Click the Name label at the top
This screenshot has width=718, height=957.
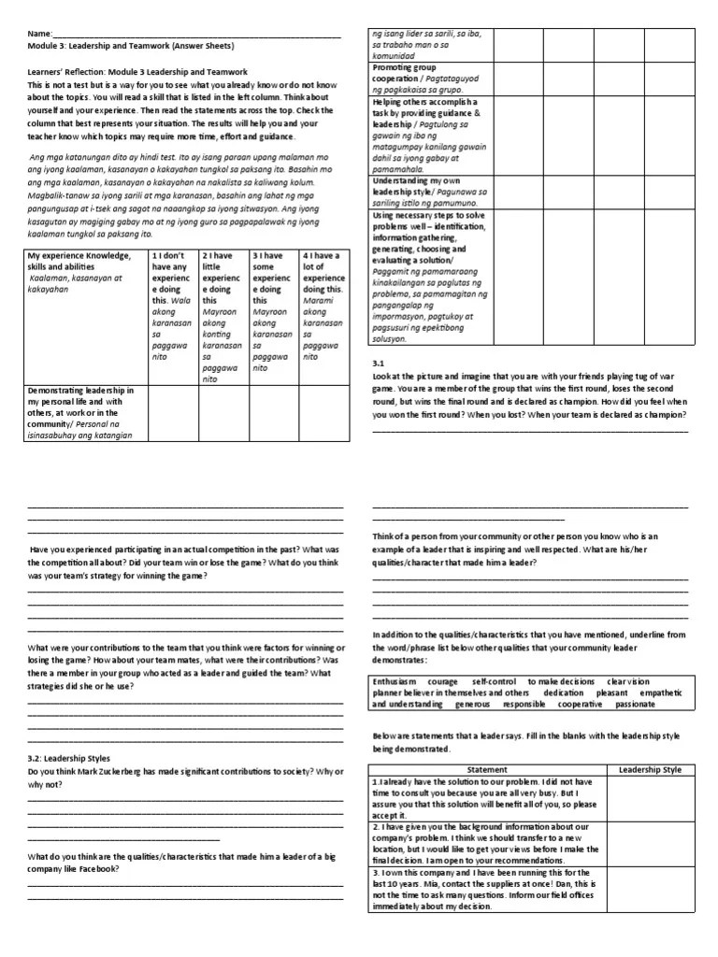[40, 36]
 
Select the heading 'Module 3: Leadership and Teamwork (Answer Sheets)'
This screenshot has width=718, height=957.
[131, 46]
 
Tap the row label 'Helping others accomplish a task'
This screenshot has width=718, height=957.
[425, 136]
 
